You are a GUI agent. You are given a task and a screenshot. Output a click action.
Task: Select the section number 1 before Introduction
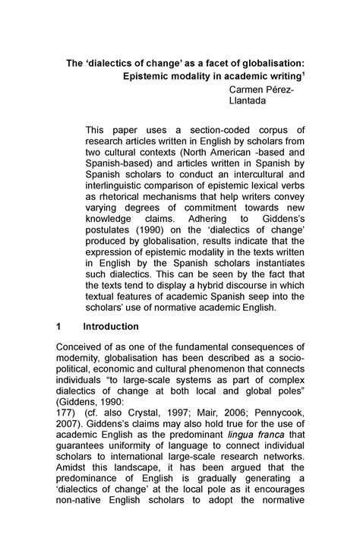coord(60,326)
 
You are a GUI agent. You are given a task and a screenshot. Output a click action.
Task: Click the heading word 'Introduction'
coord(111,326)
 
